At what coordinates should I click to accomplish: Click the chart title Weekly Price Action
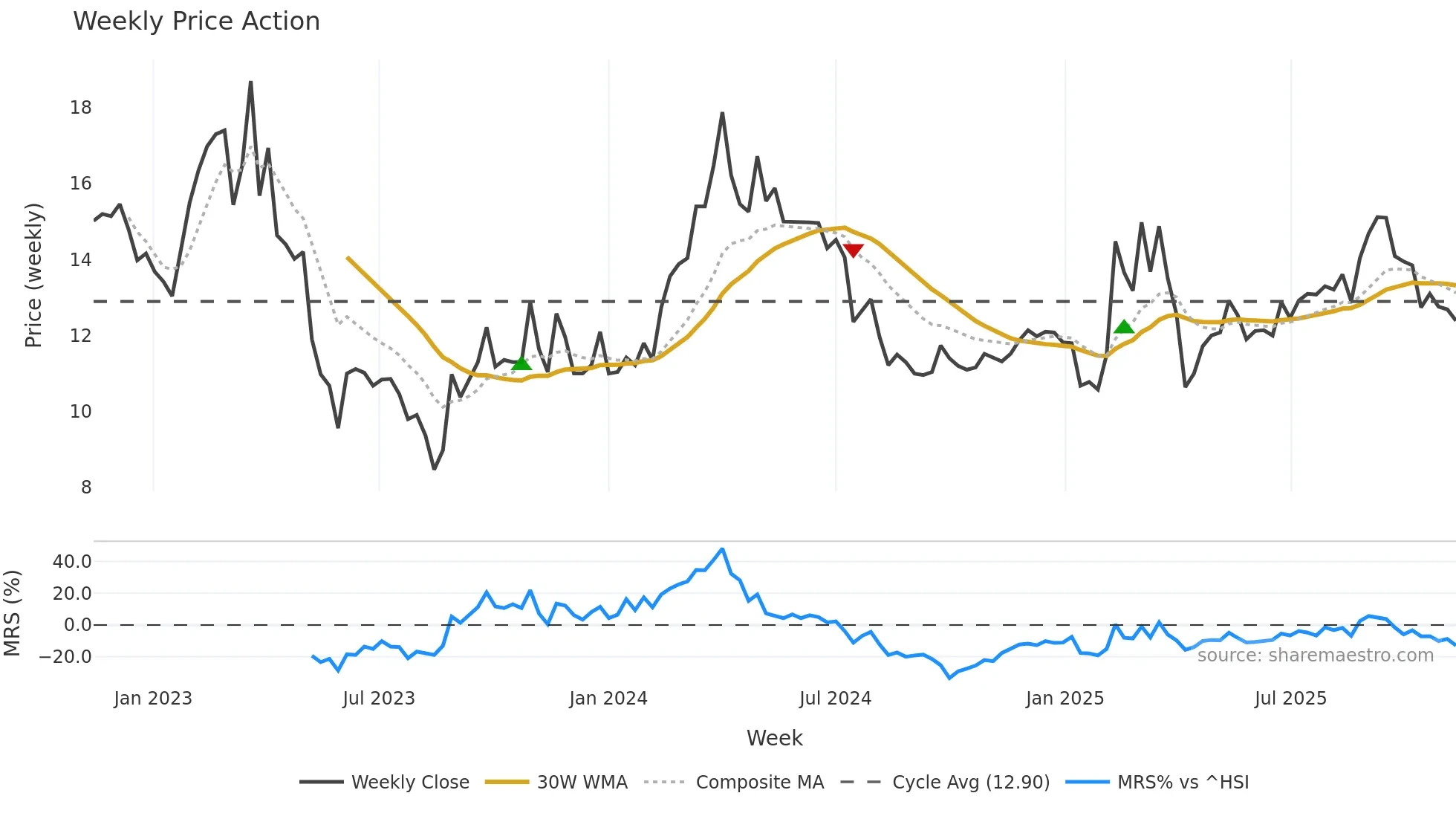coord(196,22)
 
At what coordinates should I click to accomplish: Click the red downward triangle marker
coord(853,250)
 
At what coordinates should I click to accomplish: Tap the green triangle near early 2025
coord(1124,327)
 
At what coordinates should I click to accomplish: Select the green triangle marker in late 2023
coord(521,363)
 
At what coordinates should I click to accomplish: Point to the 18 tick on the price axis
coord(80,108)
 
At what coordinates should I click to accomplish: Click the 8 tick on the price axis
coord(86,488)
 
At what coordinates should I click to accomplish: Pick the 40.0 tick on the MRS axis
coord(72,562)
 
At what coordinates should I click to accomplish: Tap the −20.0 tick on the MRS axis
coord(65,657)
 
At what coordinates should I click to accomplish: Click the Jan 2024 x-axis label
coord(608,699)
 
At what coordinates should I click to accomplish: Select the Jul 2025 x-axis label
coord(1290,699)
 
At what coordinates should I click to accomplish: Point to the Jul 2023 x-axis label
coord(378,699)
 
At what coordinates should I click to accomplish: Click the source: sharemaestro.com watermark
coord(1315,655)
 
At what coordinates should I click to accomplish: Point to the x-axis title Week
coord(774,738)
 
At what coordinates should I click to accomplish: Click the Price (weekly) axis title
coord(33,275)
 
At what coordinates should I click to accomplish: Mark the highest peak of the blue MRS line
coord(722,549)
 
